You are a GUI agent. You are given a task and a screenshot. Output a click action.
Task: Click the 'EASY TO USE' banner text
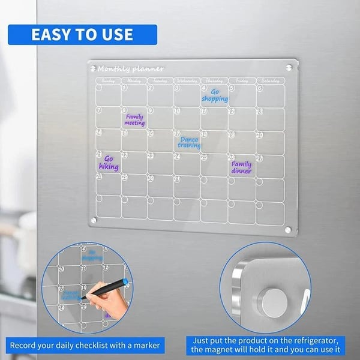82,34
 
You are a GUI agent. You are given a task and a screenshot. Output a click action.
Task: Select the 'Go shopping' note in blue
214,95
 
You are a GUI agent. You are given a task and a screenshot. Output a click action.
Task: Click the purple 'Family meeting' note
134,120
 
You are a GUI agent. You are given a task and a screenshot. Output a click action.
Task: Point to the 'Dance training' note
190,143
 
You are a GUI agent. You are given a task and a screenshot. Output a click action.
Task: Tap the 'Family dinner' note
241,167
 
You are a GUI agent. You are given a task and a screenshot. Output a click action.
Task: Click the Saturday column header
271,80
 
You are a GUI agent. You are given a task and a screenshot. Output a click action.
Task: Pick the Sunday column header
108,80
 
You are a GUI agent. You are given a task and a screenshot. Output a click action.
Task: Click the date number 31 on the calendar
177,178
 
